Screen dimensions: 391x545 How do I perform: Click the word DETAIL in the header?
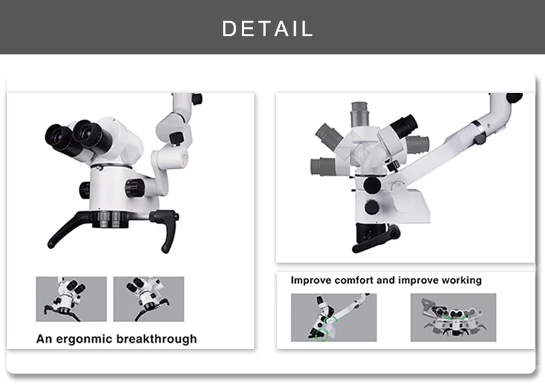[267, 28]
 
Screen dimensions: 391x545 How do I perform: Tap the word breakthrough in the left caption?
[156, 338]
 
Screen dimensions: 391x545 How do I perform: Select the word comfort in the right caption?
[352, 280]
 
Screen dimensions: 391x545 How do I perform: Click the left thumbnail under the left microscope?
[71, 299]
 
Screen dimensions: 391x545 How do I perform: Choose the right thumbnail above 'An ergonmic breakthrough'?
[148, 299]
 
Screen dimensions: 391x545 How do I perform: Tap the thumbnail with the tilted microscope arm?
[334, 317]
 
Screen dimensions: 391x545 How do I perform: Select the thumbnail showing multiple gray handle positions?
[453, 317]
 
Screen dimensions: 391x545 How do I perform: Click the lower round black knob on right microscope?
[372, 207]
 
